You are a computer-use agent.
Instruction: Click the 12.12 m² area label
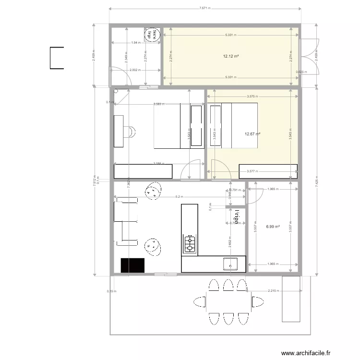[x=231, y=56]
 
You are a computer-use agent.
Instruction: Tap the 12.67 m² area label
[x=252, y=134]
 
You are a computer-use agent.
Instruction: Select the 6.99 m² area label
[x=273, y=226]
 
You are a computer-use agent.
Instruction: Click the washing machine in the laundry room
[x=152, y=33]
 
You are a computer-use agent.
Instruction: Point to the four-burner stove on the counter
[x=190, y=244]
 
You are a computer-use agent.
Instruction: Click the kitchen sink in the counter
[x=230, y=264]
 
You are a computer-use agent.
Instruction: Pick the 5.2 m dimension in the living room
[x=179, y=197]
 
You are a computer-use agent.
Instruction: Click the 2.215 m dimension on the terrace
[x=273, y=290]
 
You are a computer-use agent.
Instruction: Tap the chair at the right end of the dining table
[x=259, y=302]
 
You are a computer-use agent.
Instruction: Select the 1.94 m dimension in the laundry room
[x=135, y=43]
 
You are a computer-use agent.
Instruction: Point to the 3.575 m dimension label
[x=251, y=96]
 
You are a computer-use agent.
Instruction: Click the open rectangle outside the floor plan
[x=57, y=58]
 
